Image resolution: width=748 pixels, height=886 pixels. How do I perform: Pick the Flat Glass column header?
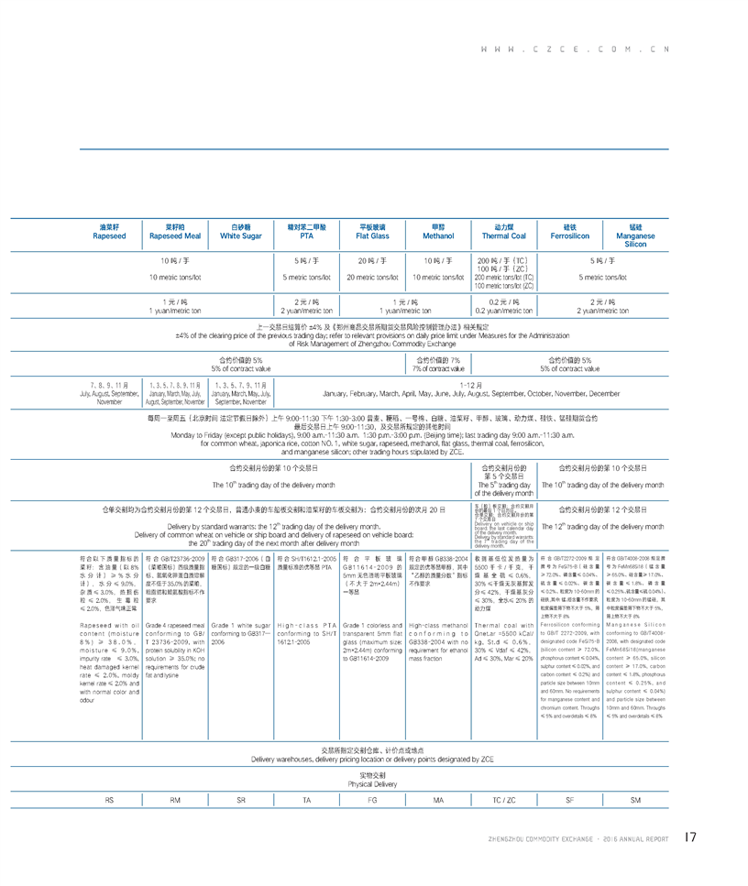(372, 231)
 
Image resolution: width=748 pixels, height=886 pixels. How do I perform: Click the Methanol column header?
(438, 231)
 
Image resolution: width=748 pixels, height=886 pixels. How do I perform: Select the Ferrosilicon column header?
(569, 231)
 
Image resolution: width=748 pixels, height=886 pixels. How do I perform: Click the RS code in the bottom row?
(109, 801)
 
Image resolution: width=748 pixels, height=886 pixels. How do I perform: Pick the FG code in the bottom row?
(372, 801)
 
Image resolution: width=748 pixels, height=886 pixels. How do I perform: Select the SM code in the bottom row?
(636, 801)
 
